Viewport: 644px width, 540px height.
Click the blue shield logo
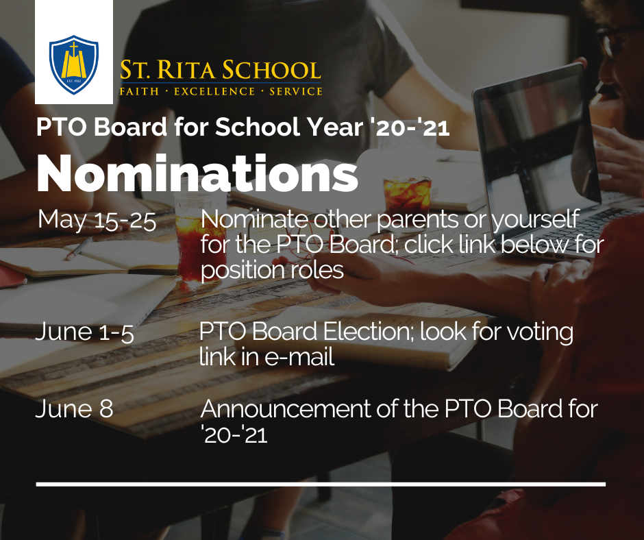(x=74, y=64)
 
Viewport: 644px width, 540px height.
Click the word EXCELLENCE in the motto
(x=214, y=92)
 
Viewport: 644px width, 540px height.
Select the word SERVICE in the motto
(x=296, y=92)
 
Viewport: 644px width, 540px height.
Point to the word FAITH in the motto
(x=139, y=92)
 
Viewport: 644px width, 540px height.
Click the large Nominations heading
(x=197, y=173)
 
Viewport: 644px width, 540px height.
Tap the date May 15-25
(x=97, y=219)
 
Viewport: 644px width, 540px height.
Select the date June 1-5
(x=84, y=332)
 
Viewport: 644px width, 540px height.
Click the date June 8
(x=75, y=409)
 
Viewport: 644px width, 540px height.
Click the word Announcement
(x=286, y=409)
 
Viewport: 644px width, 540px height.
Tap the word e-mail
(x=299, y=357)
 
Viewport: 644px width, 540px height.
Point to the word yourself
(x=536, y=220)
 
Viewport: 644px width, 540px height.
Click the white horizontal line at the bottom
(x=321, y=484)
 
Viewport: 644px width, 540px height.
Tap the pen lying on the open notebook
(x=79, y=248)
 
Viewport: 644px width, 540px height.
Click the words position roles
(x=272, y=271)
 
